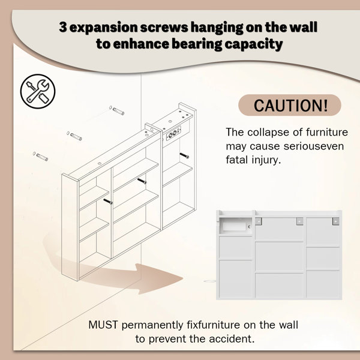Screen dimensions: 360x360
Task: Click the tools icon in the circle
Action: point(38,91)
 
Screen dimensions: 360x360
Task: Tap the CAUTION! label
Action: point(290,105)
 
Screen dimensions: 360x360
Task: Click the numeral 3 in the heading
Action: point(63,27)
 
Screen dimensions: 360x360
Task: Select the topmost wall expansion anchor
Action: point(117,110)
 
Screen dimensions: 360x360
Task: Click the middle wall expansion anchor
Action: point(74,136)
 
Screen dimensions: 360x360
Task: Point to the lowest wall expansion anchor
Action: point(41,157)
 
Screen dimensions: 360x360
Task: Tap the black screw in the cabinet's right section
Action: point(184,155)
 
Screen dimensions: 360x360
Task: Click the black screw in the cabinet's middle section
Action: point(142,181)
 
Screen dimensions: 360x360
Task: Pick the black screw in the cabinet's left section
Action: point(108,202)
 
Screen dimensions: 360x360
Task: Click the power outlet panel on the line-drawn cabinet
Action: point(173,133)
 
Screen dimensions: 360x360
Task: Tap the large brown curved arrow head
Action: point(158,278)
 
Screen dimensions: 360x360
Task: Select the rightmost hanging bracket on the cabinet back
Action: point(335,221)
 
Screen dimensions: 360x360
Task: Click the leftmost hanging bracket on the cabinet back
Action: point(259,221)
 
